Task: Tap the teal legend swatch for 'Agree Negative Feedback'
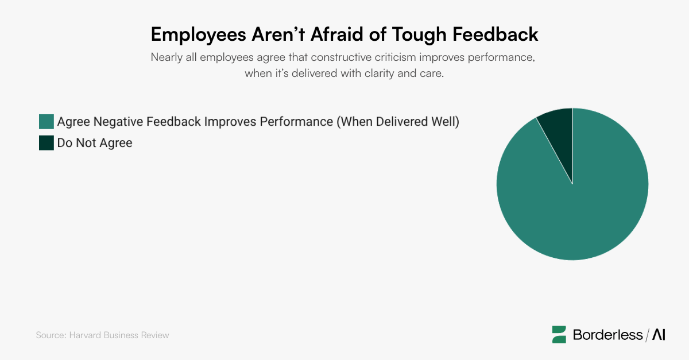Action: click(x=46, y=122)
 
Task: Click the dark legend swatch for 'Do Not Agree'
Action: click(x=46, y=143)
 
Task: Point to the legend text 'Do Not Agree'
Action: click(x=95, y=143)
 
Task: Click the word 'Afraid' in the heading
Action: click(x=335, y=34)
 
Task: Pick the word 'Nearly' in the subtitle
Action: click(x=166, y=58)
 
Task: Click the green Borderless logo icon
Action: click(x=559, y=334)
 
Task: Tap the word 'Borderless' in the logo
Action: click(x=607, y=335)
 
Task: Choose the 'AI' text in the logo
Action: click(x=659, y=335)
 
